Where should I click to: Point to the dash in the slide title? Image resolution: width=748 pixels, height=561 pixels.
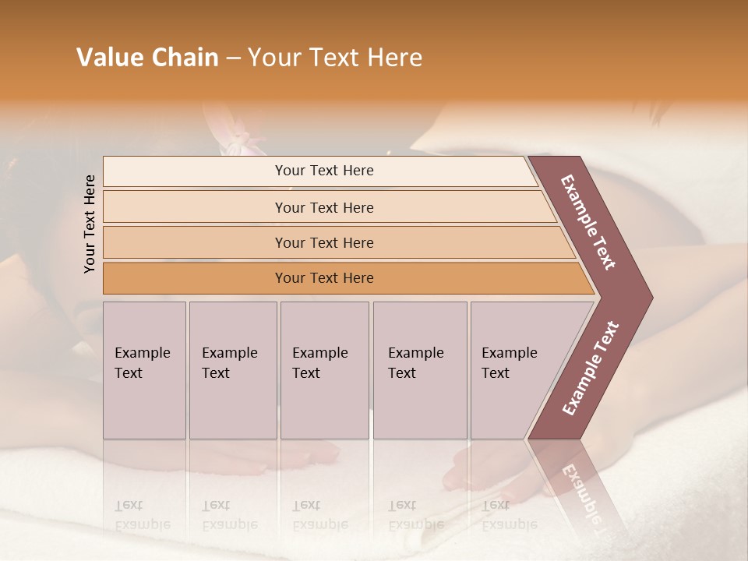[233, 58]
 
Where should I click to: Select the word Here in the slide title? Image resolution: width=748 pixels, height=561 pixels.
[394, 58]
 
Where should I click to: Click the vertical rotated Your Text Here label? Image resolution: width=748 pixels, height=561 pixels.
[90, 224]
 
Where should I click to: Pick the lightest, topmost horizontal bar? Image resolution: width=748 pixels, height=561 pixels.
[323, 171]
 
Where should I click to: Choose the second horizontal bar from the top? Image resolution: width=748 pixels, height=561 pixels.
[323, 207]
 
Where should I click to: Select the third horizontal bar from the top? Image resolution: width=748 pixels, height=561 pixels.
[323, 242]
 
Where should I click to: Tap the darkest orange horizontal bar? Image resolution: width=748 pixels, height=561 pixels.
[323, 278]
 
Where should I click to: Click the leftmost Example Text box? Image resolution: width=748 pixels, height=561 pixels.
[144, 369]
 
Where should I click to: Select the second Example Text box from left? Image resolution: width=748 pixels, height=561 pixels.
[232, 369]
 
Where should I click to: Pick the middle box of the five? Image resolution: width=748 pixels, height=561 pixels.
[324, 369]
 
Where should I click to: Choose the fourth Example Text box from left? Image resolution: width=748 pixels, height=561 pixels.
[419, 369]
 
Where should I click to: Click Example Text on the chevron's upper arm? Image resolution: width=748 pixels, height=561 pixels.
[588, 222]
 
